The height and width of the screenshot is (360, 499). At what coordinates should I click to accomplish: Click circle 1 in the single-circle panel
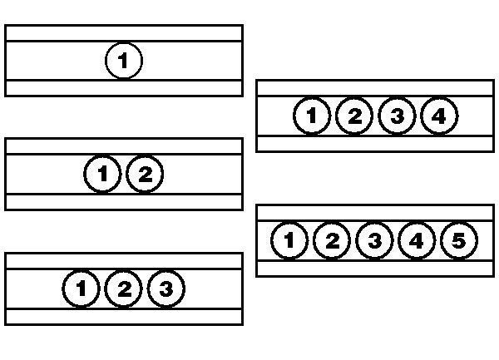tap(124, 61)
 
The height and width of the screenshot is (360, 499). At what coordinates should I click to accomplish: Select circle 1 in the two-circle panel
tap(102, 174)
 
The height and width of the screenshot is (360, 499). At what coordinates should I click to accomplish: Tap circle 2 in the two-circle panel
tap(145, 174)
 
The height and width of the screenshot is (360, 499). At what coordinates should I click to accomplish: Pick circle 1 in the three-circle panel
tap(82, 288)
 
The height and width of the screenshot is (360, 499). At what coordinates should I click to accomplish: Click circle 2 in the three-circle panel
tap(123, 288)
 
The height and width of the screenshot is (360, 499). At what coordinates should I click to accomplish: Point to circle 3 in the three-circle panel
tap(166, 288)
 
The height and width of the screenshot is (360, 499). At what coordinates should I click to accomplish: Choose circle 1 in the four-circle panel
tap(312, 116)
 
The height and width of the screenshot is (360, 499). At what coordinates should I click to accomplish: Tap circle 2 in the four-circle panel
tap(354, 116)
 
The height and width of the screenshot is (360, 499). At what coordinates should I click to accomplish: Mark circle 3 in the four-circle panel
tap(397, 116)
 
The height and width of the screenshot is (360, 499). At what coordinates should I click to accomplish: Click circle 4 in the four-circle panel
tap(439, 116)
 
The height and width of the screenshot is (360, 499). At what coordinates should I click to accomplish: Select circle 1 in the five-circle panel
tap(289, 240)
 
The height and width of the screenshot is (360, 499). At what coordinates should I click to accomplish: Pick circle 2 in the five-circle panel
tap(332, 240)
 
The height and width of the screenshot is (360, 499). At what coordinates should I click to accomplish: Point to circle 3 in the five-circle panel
tap(374, 240)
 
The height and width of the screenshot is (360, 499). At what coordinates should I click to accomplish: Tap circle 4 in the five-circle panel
tap(417, 240)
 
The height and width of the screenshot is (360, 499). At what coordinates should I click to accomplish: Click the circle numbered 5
tap(459, 240)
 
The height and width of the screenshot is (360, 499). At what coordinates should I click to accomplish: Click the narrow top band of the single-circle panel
tap(124, 33)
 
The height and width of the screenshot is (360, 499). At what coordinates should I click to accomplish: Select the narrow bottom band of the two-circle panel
tap(124, 202)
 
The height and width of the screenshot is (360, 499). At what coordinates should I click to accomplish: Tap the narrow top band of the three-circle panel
tap(124, 261)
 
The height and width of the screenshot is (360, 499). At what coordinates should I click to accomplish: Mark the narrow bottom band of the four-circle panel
tap(375, 144)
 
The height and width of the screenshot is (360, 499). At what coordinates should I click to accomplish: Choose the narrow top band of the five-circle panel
tap(375, 213)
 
